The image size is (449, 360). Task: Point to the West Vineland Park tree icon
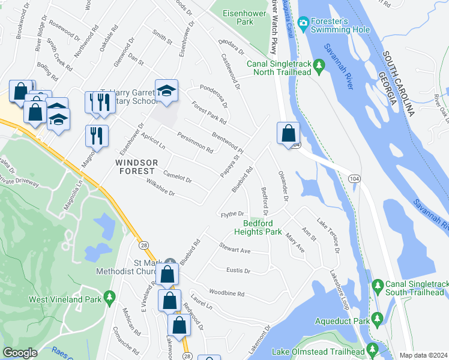(109, 298)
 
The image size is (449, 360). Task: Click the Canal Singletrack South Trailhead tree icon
(377, 283)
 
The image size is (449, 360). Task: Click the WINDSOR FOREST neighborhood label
(137, 167)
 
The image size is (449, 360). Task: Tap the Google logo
(20, 353)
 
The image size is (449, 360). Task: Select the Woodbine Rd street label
(226, 293)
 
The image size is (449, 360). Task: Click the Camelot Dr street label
(177, 178)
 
